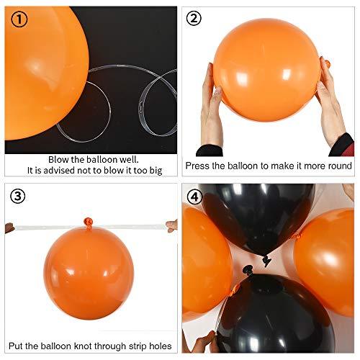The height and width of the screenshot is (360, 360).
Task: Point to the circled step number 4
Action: click(x=193, y=195)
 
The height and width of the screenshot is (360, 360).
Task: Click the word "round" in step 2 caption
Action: click(x=338, y=166)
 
